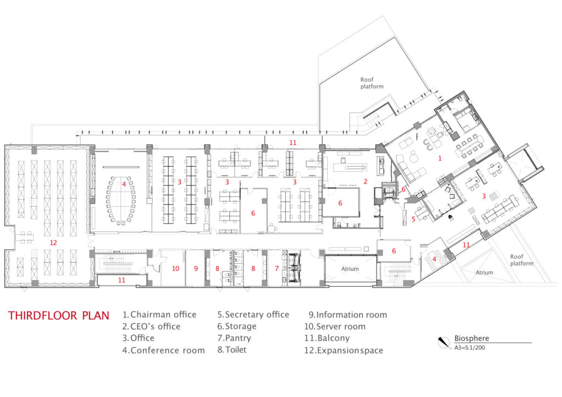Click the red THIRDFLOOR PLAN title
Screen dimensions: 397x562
click(x=59, y=315)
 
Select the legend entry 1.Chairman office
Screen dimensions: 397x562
click(x=159, y=315)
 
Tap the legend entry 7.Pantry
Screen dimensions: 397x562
click(x=234, y=338)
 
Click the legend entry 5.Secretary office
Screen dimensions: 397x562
click(x=253, y=315)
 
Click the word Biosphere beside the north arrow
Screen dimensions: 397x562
click(x=471, y=338)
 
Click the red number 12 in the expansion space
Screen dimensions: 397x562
click(x=53, y=242)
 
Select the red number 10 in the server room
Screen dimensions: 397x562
click(x=176, y=268)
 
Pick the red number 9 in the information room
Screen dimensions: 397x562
click(x=196, y=268)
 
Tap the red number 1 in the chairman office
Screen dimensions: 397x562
click(x=439, y=158)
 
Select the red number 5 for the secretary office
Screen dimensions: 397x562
click(x=414, y=219)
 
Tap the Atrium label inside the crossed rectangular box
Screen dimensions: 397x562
click(x=350, y=269)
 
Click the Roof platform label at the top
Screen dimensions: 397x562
click(x=371, y=83)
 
